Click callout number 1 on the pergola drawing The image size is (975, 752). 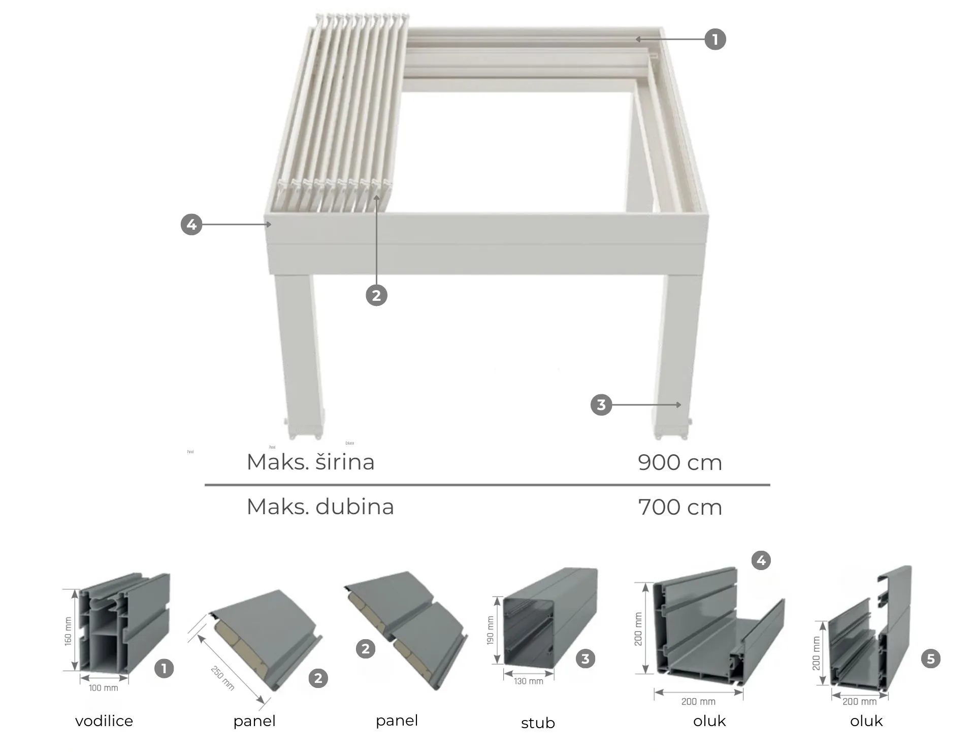(x=715, y=39)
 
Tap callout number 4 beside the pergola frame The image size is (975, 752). (x=191, y=225)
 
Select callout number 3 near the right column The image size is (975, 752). (x=601, y=405)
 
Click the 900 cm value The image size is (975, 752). (x=679, y=462)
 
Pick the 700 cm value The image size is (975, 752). (x=679, y=507)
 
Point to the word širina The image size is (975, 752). (x=345, y=462)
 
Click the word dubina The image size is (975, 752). (x=354, y=507)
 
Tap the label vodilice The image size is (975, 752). (x=104, y=721)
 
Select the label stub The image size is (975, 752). (x=538, y=723)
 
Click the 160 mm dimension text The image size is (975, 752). (x=68, y=631)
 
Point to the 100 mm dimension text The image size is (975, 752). (x=104, y=688)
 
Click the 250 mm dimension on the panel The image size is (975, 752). (x=222, y=678)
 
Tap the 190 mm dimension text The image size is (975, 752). (x=491, y=631)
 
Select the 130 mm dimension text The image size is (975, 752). (x=528, y=681)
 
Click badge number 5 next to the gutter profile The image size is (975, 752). (x=930, y=659)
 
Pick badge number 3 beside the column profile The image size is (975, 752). (x=585, y=659)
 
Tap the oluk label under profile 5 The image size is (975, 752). (x=866, y=721)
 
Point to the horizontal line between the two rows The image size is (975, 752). (x=487, y=485)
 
